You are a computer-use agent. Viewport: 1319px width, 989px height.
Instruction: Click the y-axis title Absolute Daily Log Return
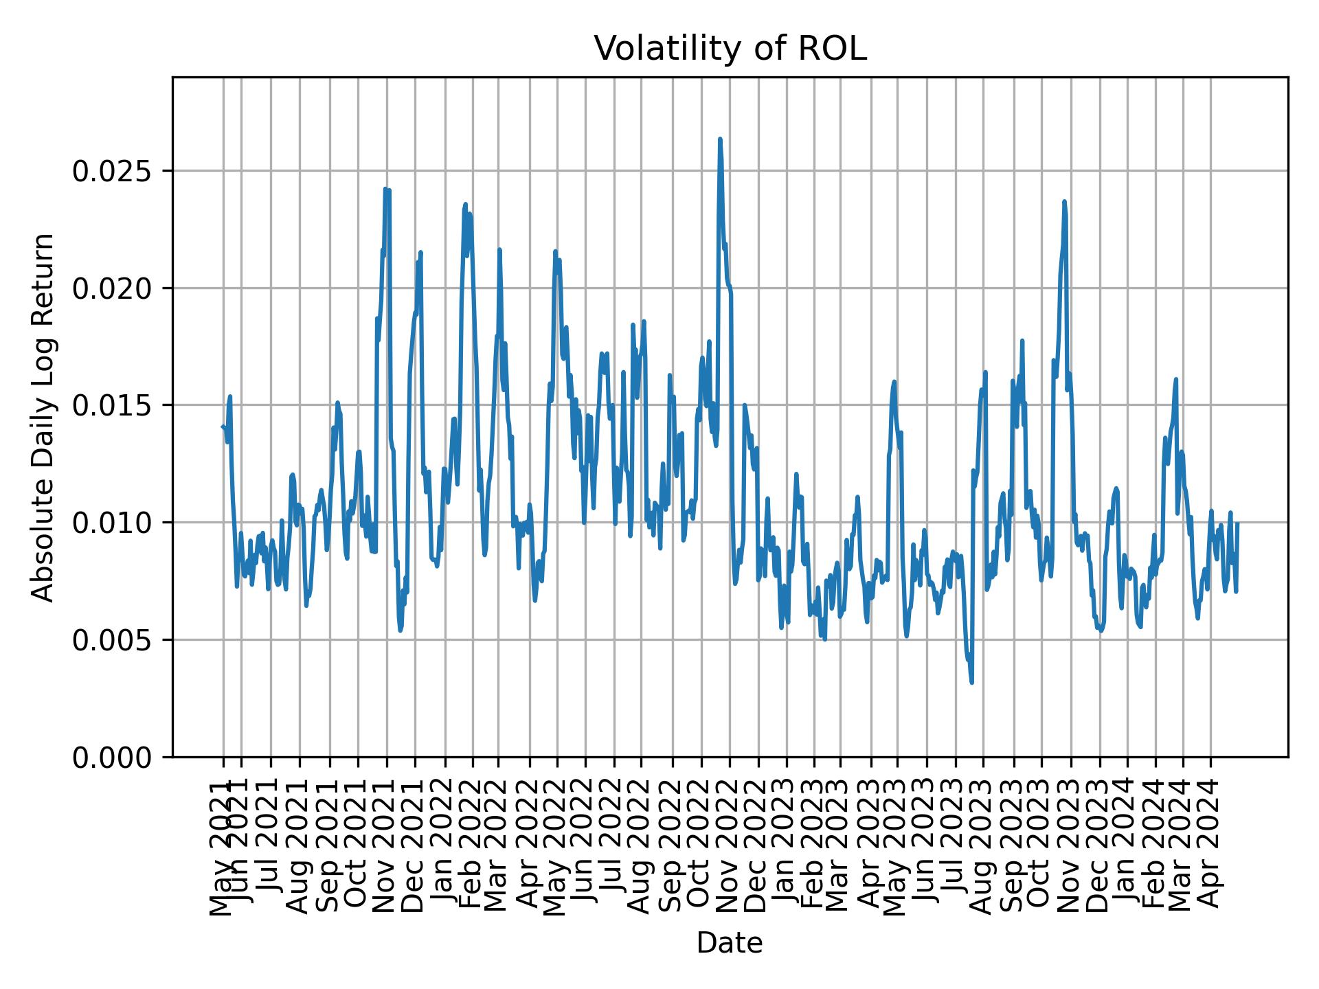click(x=44, y=417)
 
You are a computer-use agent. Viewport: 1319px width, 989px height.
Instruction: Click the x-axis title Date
click(x=730, y=943)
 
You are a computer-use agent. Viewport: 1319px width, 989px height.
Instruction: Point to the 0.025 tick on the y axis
click(x=113, y=171)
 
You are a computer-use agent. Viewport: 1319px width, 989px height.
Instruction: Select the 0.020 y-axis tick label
click(x=113, y=288)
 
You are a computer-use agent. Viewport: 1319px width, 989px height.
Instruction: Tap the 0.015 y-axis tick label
click(x=113, y=405)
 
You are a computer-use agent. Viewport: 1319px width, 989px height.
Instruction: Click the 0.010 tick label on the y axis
click(x=113, y=523)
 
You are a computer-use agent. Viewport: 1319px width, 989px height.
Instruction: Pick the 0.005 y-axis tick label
click(x=113, y=640)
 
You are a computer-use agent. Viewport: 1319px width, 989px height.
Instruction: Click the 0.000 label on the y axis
click(x=113, y=757)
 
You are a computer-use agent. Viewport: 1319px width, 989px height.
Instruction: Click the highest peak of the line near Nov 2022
click(x=720, y=139)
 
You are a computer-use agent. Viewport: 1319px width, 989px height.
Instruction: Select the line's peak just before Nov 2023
click(x=1064, y=201)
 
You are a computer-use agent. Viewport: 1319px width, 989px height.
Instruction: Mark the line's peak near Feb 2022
click(x=465, y=204)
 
